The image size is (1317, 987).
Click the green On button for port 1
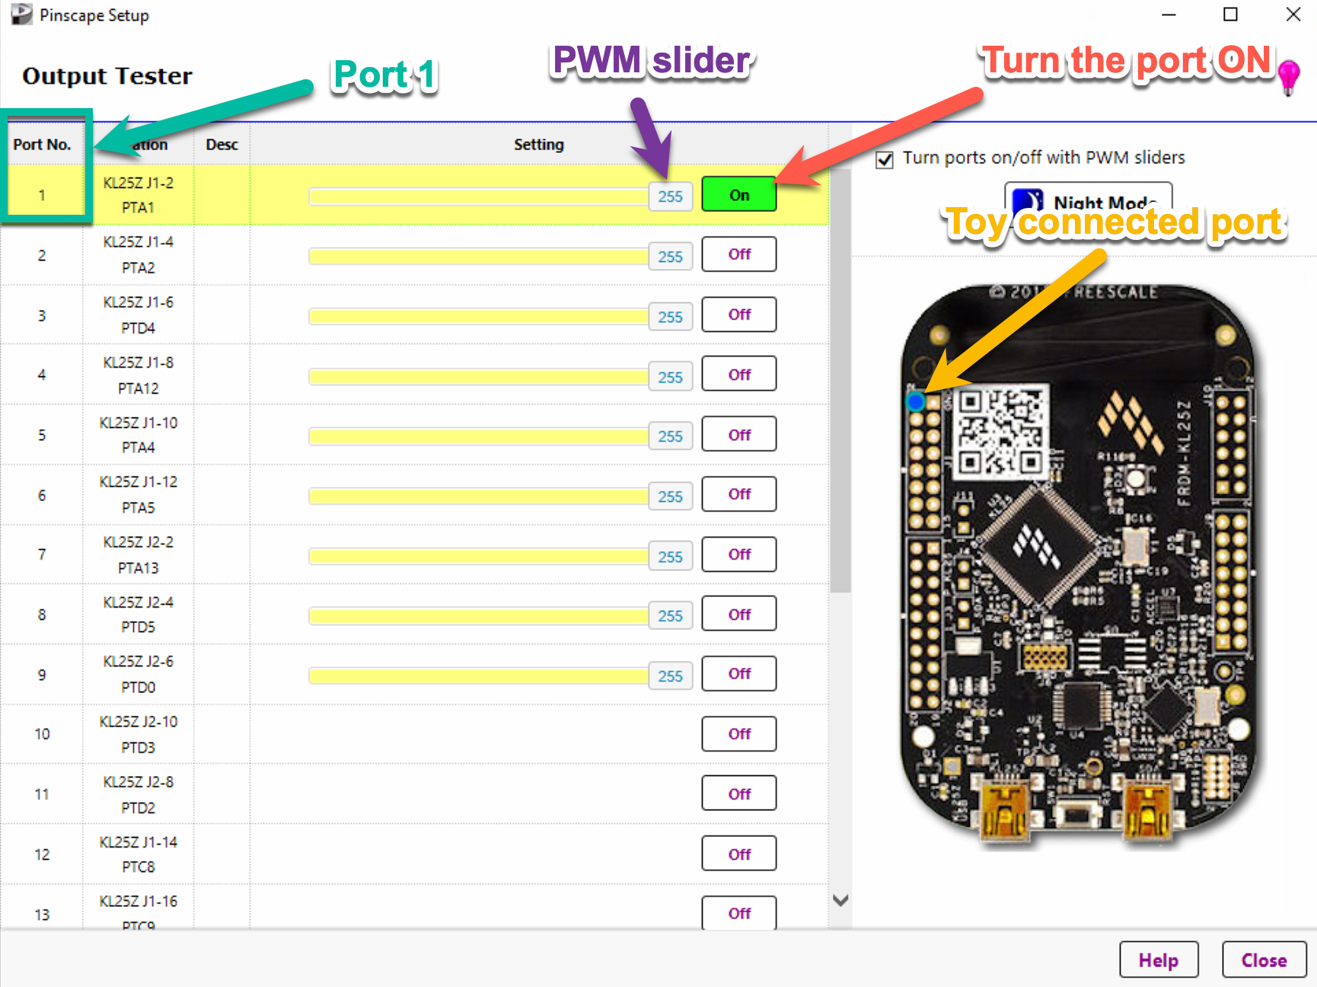738,195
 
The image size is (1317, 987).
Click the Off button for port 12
738,854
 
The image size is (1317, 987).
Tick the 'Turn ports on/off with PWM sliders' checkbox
885,160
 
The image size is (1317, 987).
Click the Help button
1158,960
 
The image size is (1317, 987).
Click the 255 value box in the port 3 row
670,317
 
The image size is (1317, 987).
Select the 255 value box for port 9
670,676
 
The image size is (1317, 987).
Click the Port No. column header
42,145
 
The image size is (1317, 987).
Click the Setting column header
538,145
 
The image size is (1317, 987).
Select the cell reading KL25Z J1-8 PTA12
138,375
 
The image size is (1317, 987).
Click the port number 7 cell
42,554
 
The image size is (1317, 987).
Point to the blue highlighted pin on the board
916,401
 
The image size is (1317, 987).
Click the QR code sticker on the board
1000,432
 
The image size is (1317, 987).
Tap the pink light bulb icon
1288,76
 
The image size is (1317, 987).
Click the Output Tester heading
107,76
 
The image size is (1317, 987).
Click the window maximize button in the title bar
1230,14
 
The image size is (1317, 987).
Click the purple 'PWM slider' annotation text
652,61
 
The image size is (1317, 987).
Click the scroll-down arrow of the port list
840,900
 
